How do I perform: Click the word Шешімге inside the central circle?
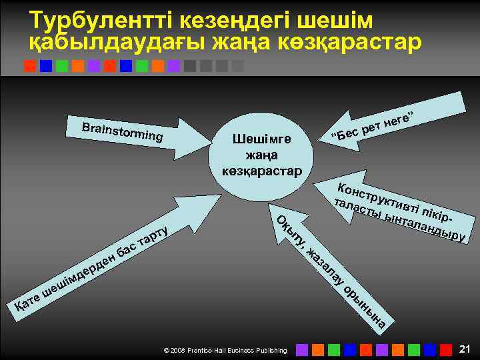261,139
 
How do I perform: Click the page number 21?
465,349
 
